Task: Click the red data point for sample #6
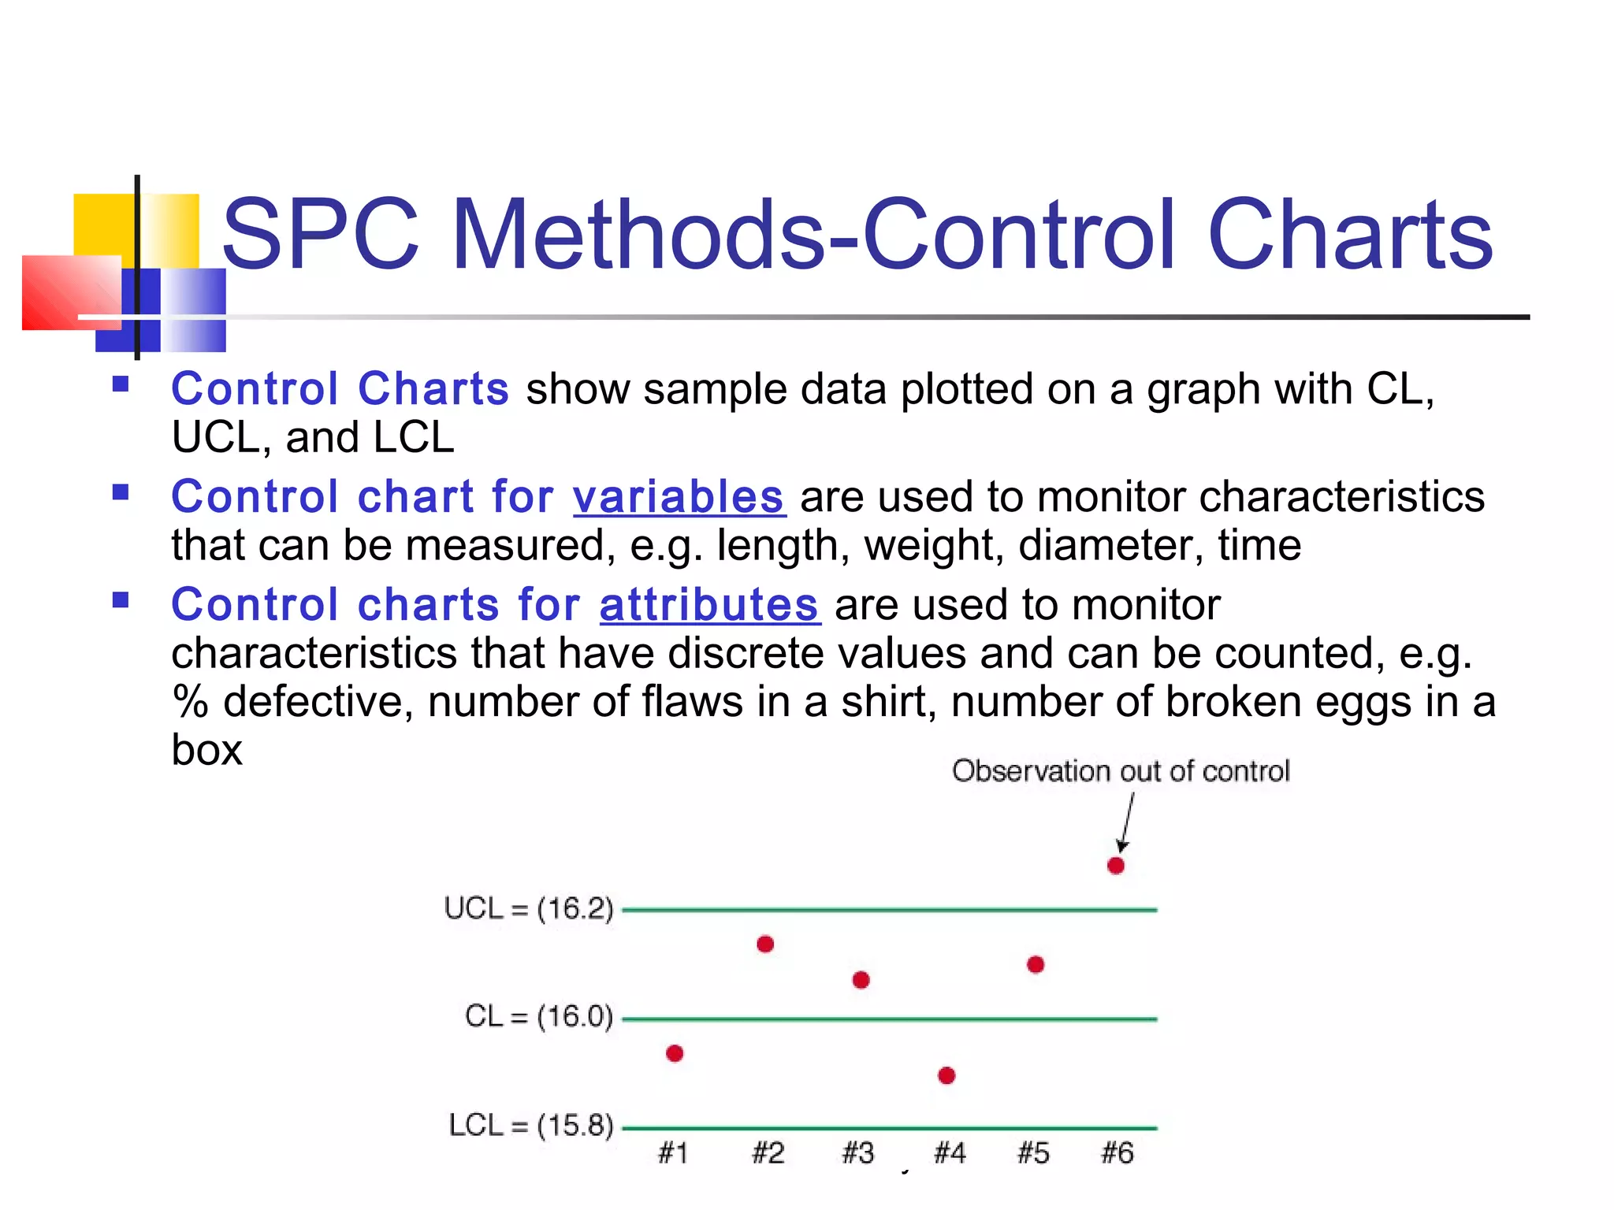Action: tap(1116, 866)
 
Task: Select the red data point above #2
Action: tap(765, 944)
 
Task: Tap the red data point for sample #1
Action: tap(675, 1053)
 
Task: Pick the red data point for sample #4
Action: tap(947, 1075)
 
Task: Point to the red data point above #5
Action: tap(1036, 964)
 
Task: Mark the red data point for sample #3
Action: tap(861, 980)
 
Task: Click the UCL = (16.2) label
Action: tap(528, 908)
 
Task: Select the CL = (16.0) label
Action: tap(538, 1016)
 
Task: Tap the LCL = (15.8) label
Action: tap(530, 1125)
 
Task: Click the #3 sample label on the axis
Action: tap(858, 1153)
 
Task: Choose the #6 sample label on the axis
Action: tap(1118, 1153)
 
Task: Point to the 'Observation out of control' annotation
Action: tap(1121, 771)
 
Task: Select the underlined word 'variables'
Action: tap(679, 497)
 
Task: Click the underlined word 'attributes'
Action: tap(709, 605)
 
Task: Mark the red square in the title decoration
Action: tap(70, 292)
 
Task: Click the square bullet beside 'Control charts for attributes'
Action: tap(121, 601)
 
